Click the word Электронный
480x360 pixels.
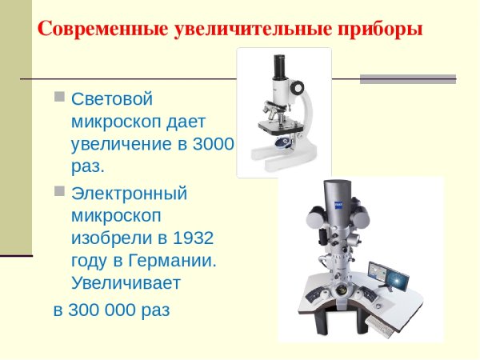(x=129, y=193)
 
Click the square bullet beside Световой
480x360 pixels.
(x=59, y=98)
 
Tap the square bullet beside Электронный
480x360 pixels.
(x=59, y=192)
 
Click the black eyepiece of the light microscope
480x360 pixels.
(x=280, y=62)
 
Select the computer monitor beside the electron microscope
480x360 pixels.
(x=388, y=275)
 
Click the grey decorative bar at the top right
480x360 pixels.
(x=407, y=78)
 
